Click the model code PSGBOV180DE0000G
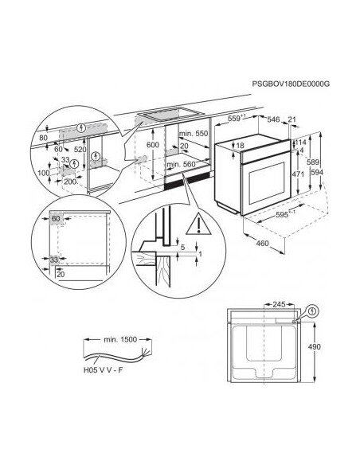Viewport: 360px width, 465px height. pos(291,84)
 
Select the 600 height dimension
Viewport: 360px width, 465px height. pos(153,145)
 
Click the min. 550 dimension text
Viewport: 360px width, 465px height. pos(194,134)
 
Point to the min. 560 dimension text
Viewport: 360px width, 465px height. pos(181,164)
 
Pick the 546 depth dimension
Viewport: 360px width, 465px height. pos(273,119)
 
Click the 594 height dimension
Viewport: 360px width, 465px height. pos(317,172)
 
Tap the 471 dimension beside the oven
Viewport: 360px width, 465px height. pos(298,174)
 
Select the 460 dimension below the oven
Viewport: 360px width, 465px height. pos(262,244)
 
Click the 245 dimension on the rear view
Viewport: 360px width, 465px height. pos(279,304)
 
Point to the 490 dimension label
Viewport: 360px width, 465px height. pos(314,346)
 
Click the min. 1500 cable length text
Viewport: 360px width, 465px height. pos(120,339)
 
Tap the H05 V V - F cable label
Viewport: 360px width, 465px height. pos(103,370)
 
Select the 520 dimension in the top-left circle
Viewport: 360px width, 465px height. pos(80,150)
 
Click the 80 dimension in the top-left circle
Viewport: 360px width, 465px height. pos(43,138)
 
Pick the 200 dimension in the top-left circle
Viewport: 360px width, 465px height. pos(70,182)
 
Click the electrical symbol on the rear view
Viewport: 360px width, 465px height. pos(311,311)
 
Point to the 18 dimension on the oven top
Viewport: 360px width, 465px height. pos(241,145)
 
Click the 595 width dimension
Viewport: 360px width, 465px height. pos(282,214)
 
